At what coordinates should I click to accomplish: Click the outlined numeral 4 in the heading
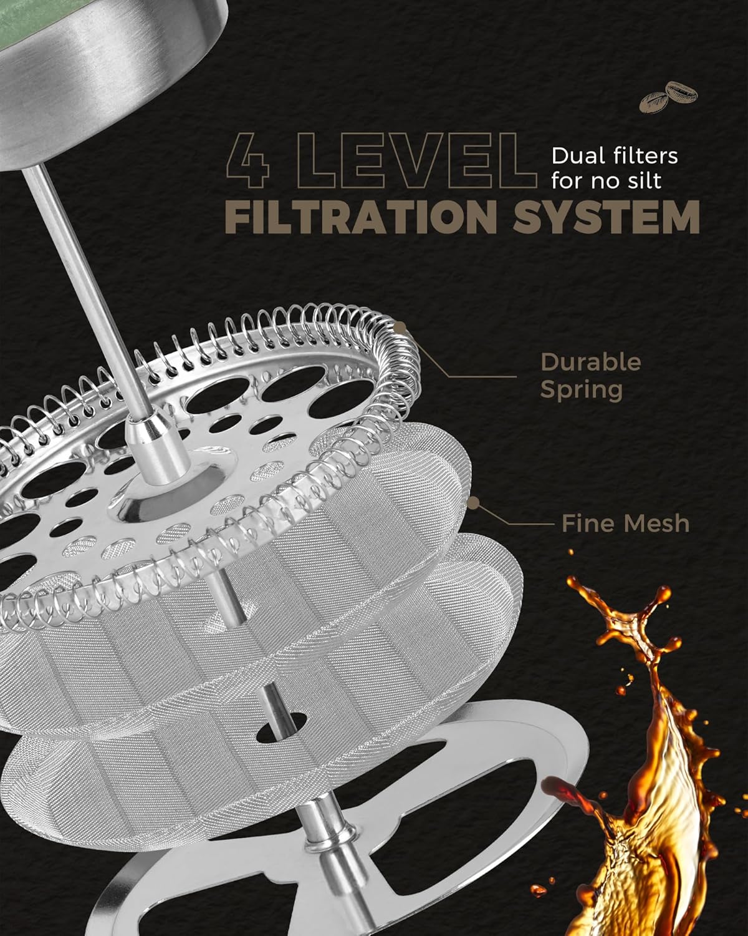tap(247, 161)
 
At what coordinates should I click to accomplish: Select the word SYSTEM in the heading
tap(607, 217)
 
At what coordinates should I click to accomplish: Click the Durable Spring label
tap(590, 376)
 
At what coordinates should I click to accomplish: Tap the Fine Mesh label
tap(625, 524)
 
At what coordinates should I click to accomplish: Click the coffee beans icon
tap(668, 97)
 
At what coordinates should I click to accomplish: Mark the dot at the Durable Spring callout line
tap(400, 326)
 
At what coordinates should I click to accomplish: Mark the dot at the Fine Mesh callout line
tap(473, 503)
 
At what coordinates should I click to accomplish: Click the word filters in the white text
tap(643, 156)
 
